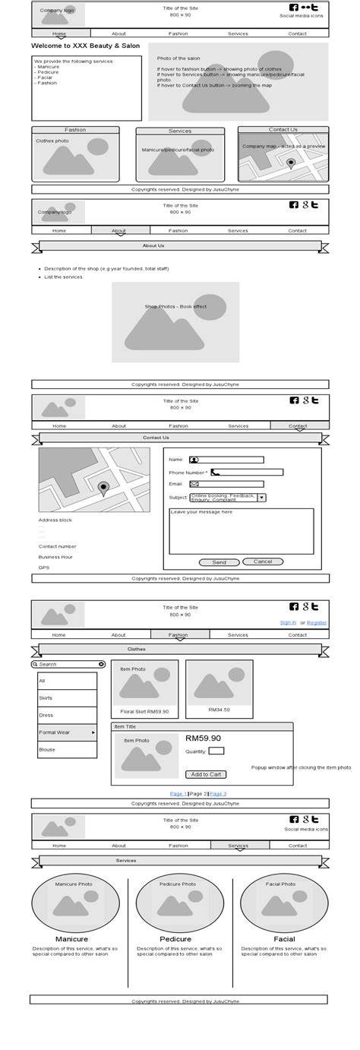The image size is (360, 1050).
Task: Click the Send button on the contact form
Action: (x=219, y=562)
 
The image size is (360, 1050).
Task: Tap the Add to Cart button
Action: (x=205, y=774)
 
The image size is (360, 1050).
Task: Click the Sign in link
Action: (x=288, y=622)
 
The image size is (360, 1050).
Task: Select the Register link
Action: (x=317, y=622)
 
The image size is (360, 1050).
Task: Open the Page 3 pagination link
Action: (x=219, y=793)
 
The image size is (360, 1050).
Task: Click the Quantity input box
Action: (x=216, y=751)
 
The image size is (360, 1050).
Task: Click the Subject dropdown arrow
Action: (x=261, y=498)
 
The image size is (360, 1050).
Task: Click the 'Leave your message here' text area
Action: (x=241, y=531)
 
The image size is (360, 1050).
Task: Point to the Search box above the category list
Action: (x=68, y=664)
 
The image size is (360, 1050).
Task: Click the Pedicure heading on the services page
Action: (x=175, y=939)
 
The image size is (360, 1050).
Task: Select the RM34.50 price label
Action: (x=219, y=710)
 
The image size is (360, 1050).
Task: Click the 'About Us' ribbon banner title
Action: (x=153, y=246)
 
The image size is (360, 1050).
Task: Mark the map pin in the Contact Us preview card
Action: (x=291, y=163)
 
